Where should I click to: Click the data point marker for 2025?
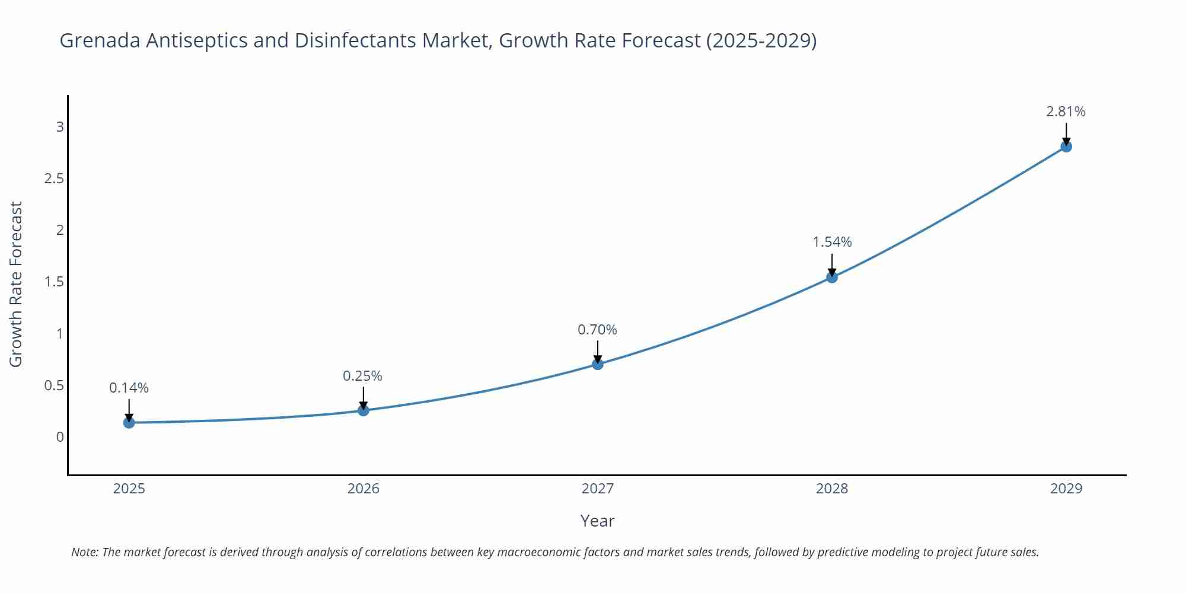(x=129, y=423)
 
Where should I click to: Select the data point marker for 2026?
(x=364, y=410)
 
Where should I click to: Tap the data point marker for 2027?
(x=598, y=364)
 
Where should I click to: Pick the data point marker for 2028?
(x=832, y=277)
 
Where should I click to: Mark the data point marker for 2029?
(x=1066, y=146)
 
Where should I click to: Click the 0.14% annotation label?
(x=129, y=388)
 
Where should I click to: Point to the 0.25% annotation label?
(x=362, y=376)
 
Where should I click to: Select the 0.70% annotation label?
(x=597, y=330)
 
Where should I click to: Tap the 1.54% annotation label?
(x=832, y=242)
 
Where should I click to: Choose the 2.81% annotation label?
(x=1066, y=111)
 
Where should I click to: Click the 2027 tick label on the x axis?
(x=598, y=489)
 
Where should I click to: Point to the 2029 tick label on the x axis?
(x=1066, y=489)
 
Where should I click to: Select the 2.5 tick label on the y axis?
(x=54, y=178)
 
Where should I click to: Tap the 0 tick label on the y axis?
(x=60, y=437)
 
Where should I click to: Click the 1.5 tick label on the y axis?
(x=54, y=282)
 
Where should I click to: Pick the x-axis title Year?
(x=597, y=521)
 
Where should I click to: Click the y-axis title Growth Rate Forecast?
(x=16, y=284)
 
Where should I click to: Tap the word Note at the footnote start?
(x=84, y=552)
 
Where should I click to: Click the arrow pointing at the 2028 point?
(x=832, y=264)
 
